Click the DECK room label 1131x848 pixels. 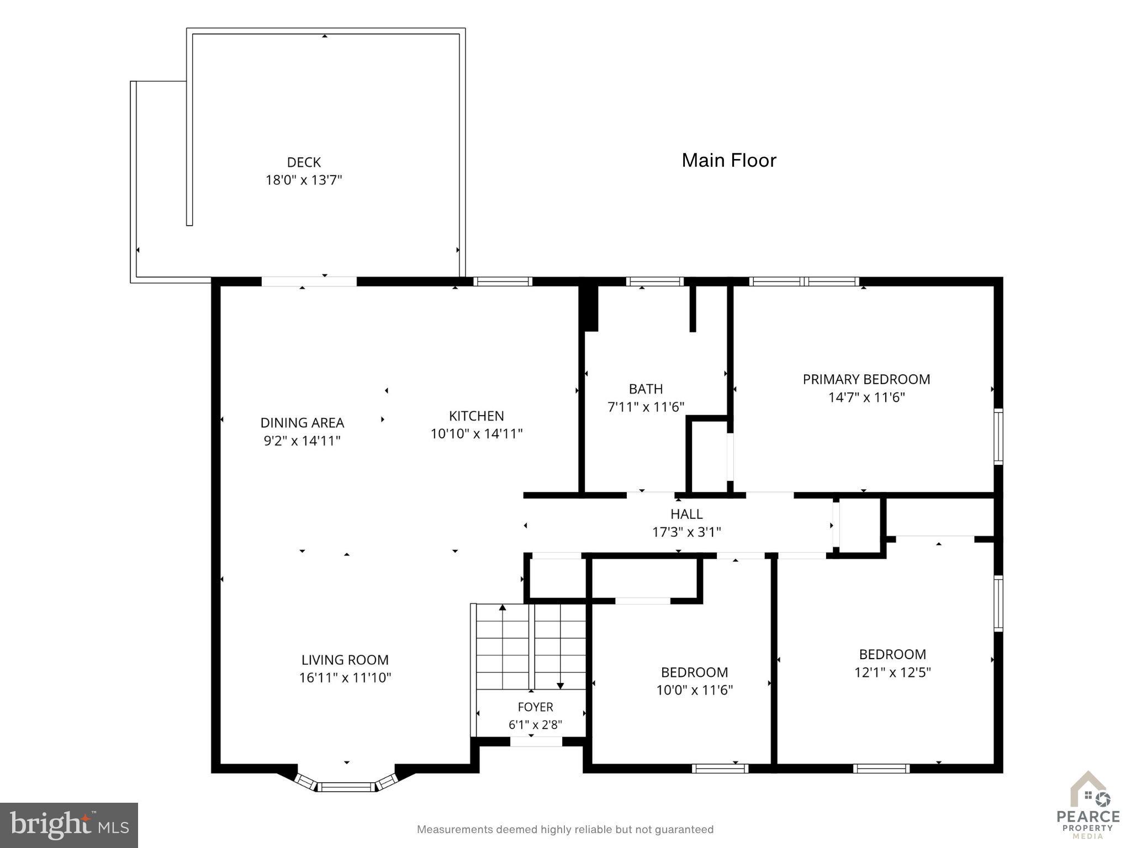[304, 162]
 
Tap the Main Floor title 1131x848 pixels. [729, 160]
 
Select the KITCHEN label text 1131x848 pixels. [476, 416]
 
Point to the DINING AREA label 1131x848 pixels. [302, 423]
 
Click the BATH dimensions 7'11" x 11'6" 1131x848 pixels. [646, 407]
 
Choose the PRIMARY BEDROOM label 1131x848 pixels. [866, 379]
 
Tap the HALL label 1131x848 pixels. [686, 514]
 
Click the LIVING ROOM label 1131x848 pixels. [345, 660]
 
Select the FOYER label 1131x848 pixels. [535, 707]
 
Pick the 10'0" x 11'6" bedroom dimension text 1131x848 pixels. [694, 690]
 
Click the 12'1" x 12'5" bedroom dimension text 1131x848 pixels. [892, 672]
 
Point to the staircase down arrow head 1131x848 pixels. [560, 686]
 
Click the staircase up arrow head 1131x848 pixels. [503, 608]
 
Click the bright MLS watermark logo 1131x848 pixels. [69, 825]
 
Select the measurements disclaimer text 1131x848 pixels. [565, 829]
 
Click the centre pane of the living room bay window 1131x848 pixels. [347, 787]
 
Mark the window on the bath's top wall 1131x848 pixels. [654, 282]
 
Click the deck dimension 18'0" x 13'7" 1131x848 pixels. [304, 180]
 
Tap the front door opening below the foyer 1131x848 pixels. [536, 741]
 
